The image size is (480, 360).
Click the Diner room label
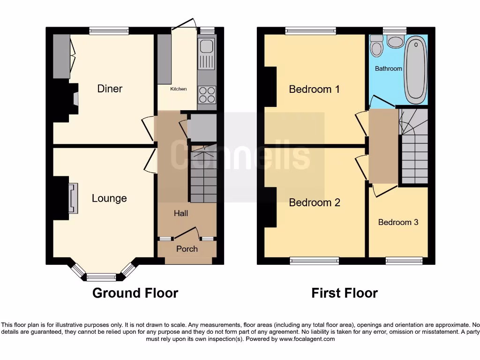click(x=110, y=89)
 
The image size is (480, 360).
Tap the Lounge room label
click(x=109, y=198)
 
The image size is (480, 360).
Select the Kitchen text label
click(x=178, y=89)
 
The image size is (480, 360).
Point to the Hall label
click(x=181, y=213)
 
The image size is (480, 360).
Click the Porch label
click(x=187, y=249)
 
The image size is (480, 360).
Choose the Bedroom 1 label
click(x=314, y=89)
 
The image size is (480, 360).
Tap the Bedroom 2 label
click(x=315, y=202)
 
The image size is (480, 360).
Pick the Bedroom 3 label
click(x=398, y=222)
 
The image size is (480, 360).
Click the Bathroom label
click(x=389, y=68)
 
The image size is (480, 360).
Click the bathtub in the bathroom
click(x=416, y=70)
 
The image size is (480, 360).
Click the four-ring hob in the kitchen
click(x=207, y=95)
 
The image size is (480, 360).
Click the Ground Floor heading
click(x=135, y=293)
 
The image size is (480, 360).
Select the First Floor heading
click(x=345, y=293)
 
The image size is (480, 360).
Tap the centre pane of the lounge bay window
click(x=101, y=277)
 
